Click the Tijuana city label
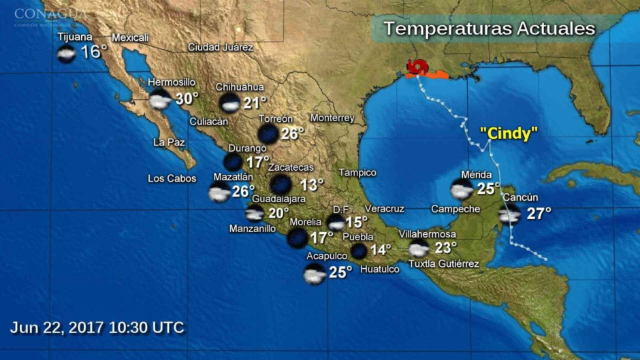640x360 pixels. (x=75, y=37)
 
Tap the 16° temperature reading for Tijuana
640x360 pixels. (x=94, y=52)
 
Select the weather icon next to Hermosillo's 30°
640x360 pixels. (x=161, y=100)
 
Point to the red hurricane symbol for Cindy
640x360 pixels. (x=417, y=67)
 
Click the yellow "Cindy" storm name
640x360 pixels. (x=509, y=133)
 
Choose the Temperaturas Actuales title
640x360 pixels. (x=489, y=29)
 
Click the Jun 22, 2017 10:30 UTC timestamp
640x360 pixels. (x=97, y=327)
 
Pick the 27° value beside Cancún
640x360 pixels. (x=539, y=214)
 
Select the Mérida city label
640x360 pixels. (x=477, y=174)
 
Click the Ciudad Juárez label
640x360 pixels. (x=221, y=48)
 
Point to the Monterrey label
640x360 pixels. (x=332, y=118)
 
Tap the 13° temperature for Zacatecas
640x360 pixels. (x=312, y=184)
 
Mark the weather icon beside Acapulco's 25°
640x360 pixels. (x=315, y=274)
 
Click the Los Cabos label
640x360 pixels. (x=172, y=178)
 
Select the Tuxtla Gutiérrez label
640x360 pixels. (x=444, y=264)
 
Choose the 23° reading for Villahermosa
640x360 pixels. (x=445, y=248)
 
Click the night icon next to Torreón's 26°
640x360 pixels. (x=268, y=133)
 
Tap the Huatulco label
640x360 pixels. (x=379, y=269)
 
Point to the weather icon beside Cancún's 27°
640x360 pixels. (x=509, y=214)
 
